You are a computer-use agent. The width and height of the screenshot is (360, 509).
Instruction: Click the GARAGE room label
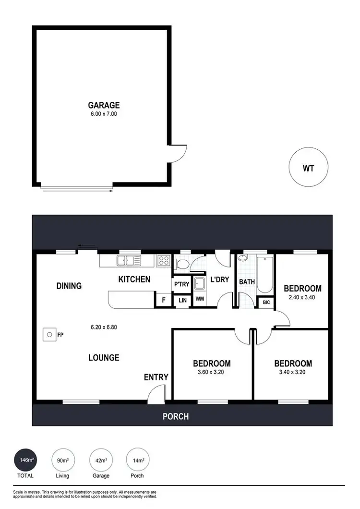[103, 105]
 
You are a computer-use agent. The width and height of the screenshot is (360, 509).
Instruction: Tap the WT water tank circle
[308, 169]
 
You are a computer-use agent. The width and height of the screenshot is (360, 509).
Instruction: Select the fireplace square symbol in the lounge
[48, 335]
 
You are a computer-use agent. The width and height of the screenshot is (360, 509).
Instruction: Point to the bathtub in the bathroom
[264, 275]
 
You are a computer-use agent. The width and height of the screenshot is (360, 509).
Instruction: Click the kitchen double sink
[128, 261]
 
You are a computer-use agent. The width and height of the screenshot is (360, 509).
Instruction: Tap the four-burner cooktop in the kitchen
[164, 261]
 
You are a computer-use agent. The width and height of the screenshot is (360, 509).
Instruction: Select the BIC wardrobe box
[266, 303]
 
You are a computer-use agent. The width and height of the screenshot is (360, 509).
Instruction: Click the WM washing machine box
[200, 299]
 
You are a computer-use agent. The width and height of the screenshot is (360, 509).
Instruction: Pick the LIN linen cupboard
[182, 300]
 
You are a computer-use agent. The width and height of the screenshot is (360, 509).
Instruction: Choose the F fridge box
[163, 300]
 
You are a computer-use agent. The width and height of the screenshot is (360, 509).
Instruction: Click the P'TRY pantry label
[182, 285]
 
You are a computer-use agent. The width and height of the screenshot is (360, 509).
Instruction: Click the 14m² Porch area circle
[138, 461]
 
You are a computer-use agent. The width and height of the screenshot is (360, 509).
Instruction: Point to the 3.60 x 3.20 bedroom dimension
[212, 372]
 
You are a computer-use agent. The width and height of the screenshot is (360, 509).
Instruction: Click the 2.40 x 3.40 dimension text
[302, 297]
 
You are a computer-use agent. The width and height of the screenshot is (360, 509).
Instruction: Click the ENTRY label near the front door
[156, 377]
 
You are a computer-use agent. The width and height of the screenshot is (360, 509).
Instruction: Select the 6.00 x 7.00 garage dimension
[103, 114]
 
